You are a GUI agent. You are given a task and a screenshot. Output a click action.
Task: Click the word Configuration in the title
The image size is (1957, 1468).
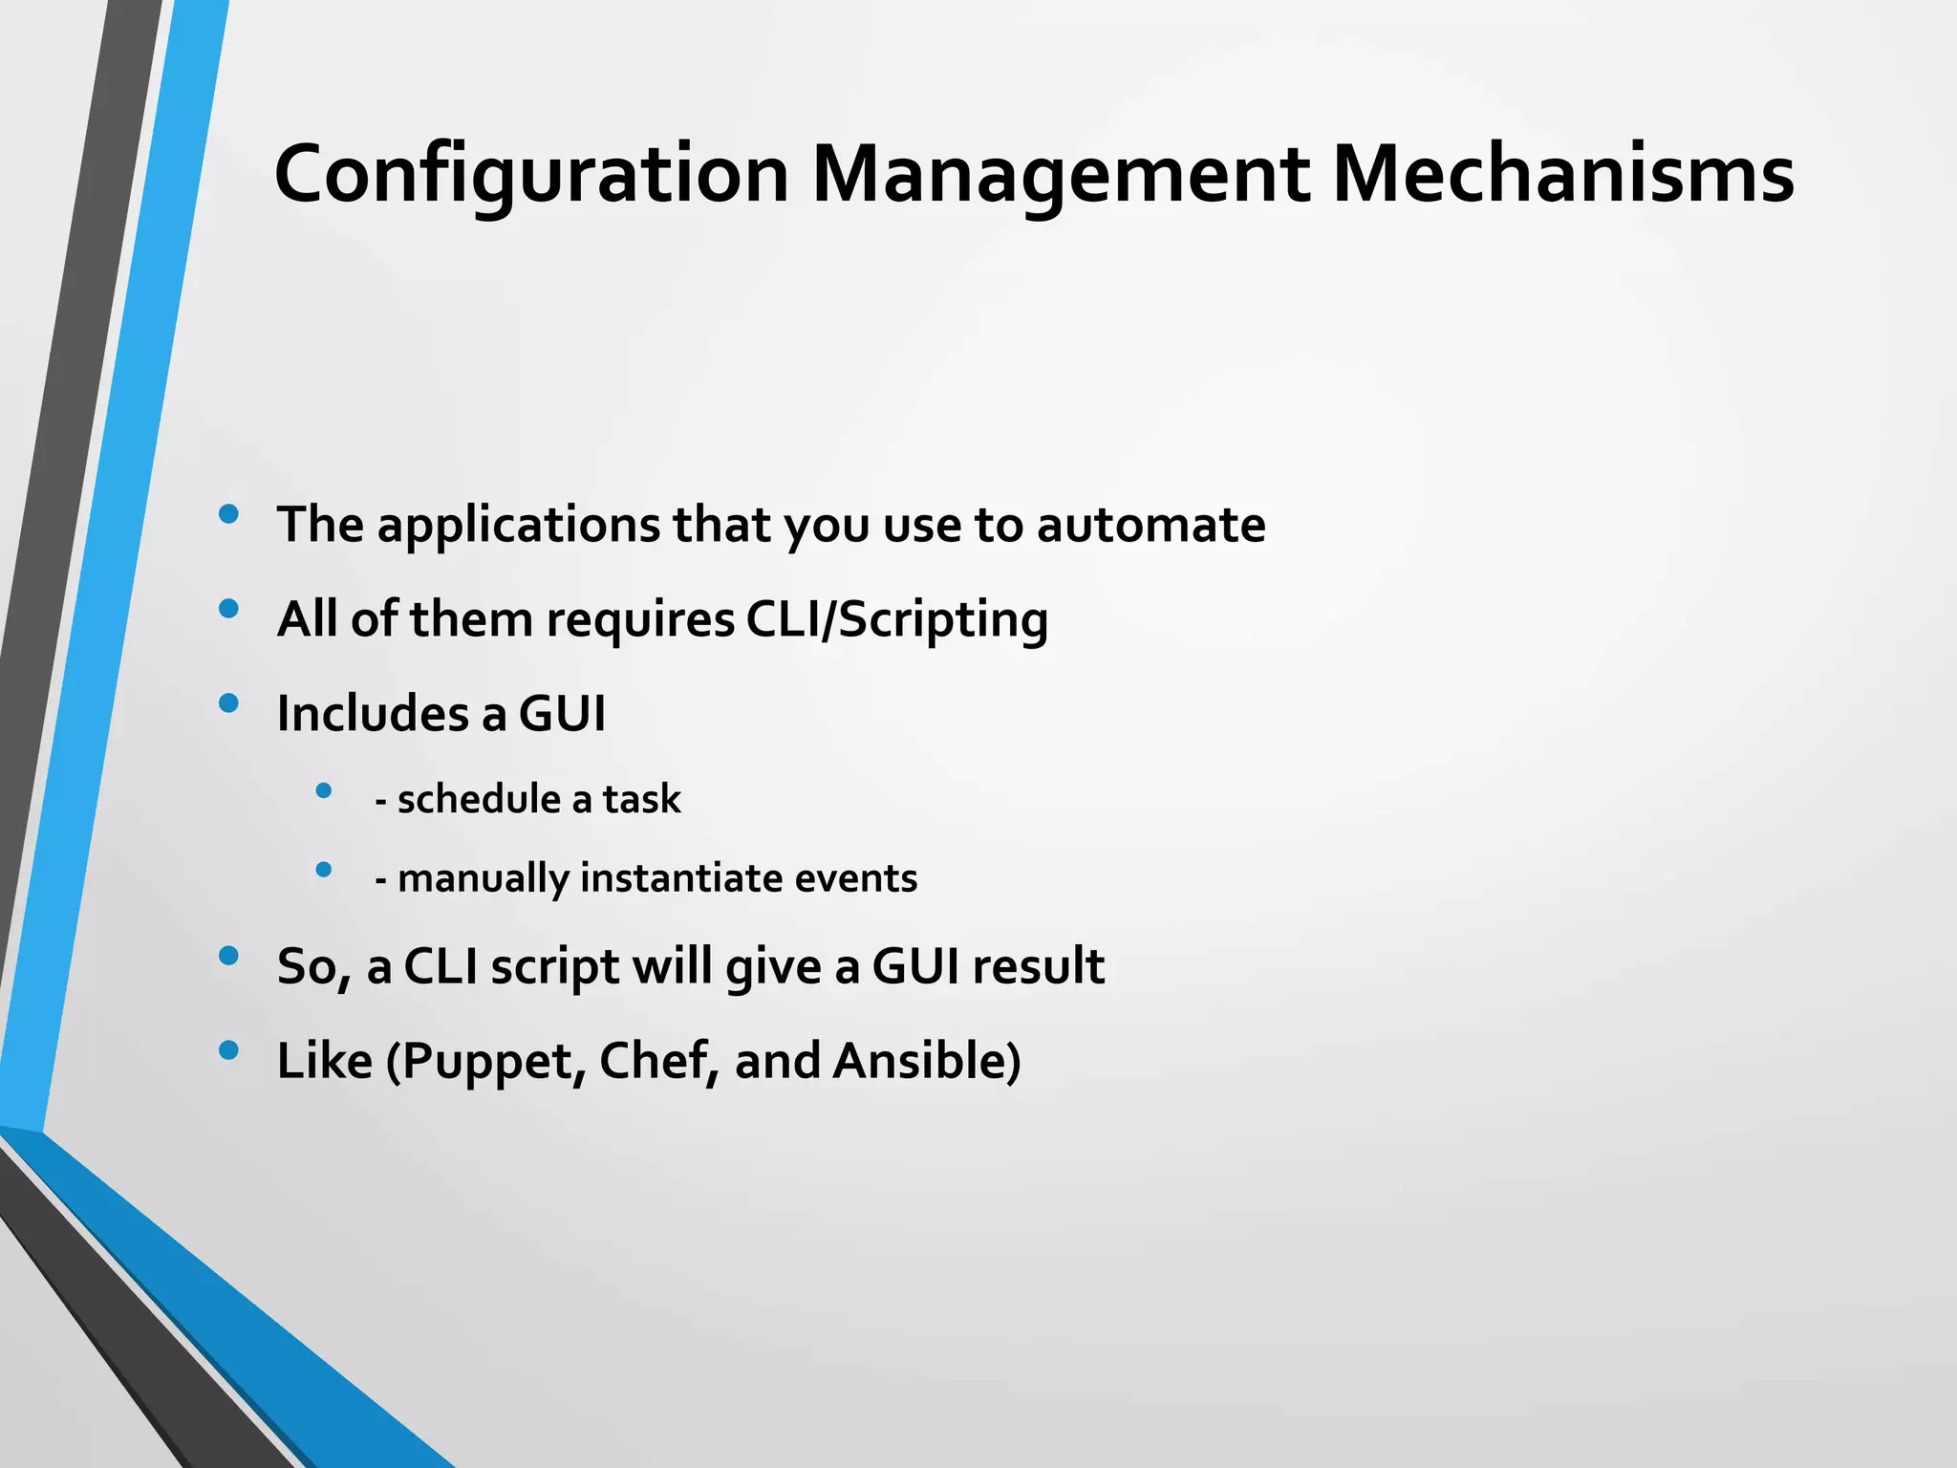click(x=531, y=176)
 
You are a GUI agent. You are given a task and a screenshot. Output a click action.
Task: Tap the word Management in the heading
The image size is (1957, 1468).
click(x=1060, y=176)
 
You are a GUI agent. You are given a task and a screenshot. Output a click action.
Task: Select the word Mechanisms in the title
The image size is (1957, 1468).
click(x=1562, y=176)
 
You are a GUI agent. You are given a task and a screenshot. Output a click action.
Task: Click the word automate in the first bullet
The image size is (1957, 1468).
click(x=1151, y=525)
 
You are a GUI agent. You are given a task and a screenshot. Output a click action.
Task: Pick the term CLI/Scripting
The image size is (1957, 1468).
click(x=896, y=619)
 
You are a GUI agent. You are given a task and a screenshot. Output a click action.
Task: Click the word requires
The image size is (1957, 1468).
click(x=639, y=619)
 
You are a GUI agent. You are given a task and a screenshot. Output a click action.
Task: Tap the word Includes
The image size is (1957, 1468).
click(x=373, y=713)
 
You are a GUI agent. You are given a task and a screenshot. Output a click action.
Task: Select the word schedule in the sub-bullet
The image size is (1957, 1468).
click(x=479, y=799)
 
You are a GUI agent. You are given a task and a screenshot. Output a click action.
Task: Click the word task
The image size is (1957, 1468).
click(x=641, y=799)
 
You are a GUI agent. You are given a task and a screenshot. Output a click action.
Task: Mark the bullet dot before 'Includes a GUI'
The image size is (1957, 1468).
click(x=228, y=704)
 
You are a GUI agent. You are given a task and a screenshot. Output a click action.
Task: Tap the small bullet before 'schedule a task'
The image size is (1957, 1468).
click(x=324, y=791)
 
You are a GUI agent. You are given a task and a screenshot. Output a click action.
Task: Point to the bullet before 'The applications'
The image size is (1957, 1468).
click(x=228, y=515)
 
